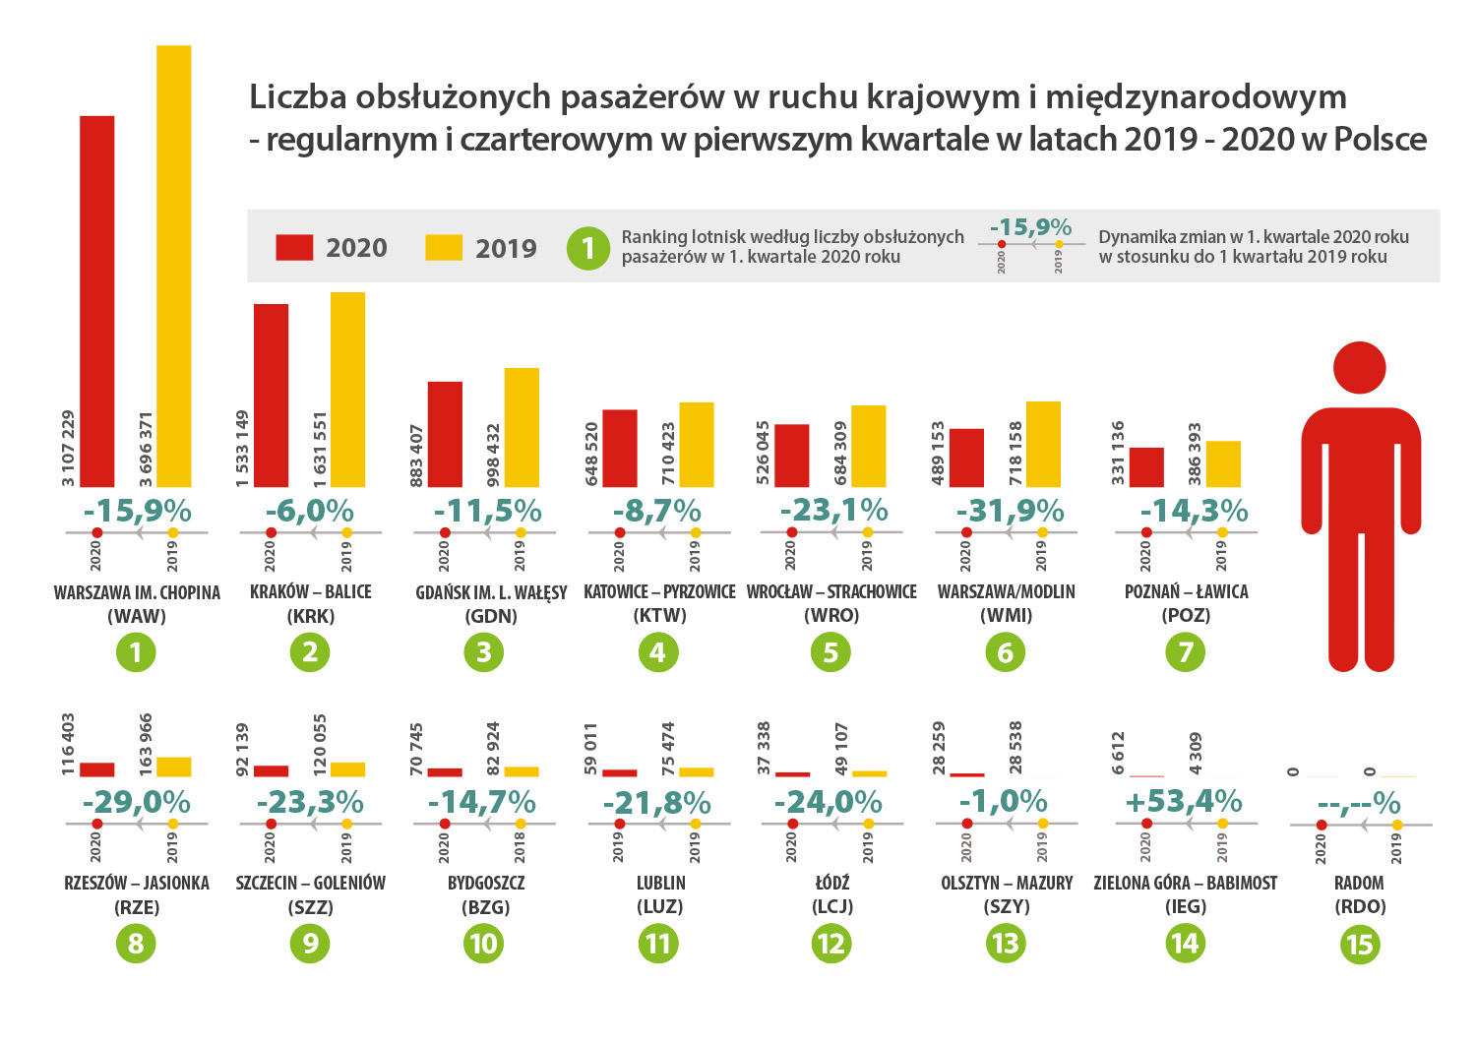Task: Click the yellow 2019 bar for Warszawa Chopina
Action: point(174,266)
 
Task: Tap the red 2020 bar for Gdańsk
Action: point(445,434)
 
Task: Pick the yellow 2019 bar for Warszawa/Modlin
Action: point(1043,444)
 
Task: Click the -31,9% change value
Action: point(1010,511)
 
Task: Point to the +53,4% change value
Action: point(1184,802)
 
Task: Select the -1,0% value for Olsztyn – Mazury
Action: point(1003,802)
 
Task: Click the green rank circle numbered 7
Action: point(1185,651)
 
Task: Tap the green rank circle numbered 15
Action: point(1359,945)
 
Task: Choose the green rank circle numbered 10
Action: point(483,945)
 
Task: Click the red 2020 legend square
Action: point(294,247)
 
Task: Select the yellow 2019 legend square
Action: point(444,247)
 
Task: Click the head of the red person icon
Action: point(1359,368)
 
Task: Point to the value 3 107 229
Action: point(68,448)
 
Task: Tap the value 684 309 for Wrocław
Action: point(840,454)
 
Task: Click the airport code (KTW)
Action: point(659,616)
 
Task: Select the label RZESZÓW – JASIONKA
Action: point(137,883)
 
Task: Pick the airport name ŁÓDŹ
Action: point(831,883)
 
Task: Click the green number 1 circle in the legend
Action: point(588,248)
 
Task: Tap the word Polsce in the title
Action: point(1380,140)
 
